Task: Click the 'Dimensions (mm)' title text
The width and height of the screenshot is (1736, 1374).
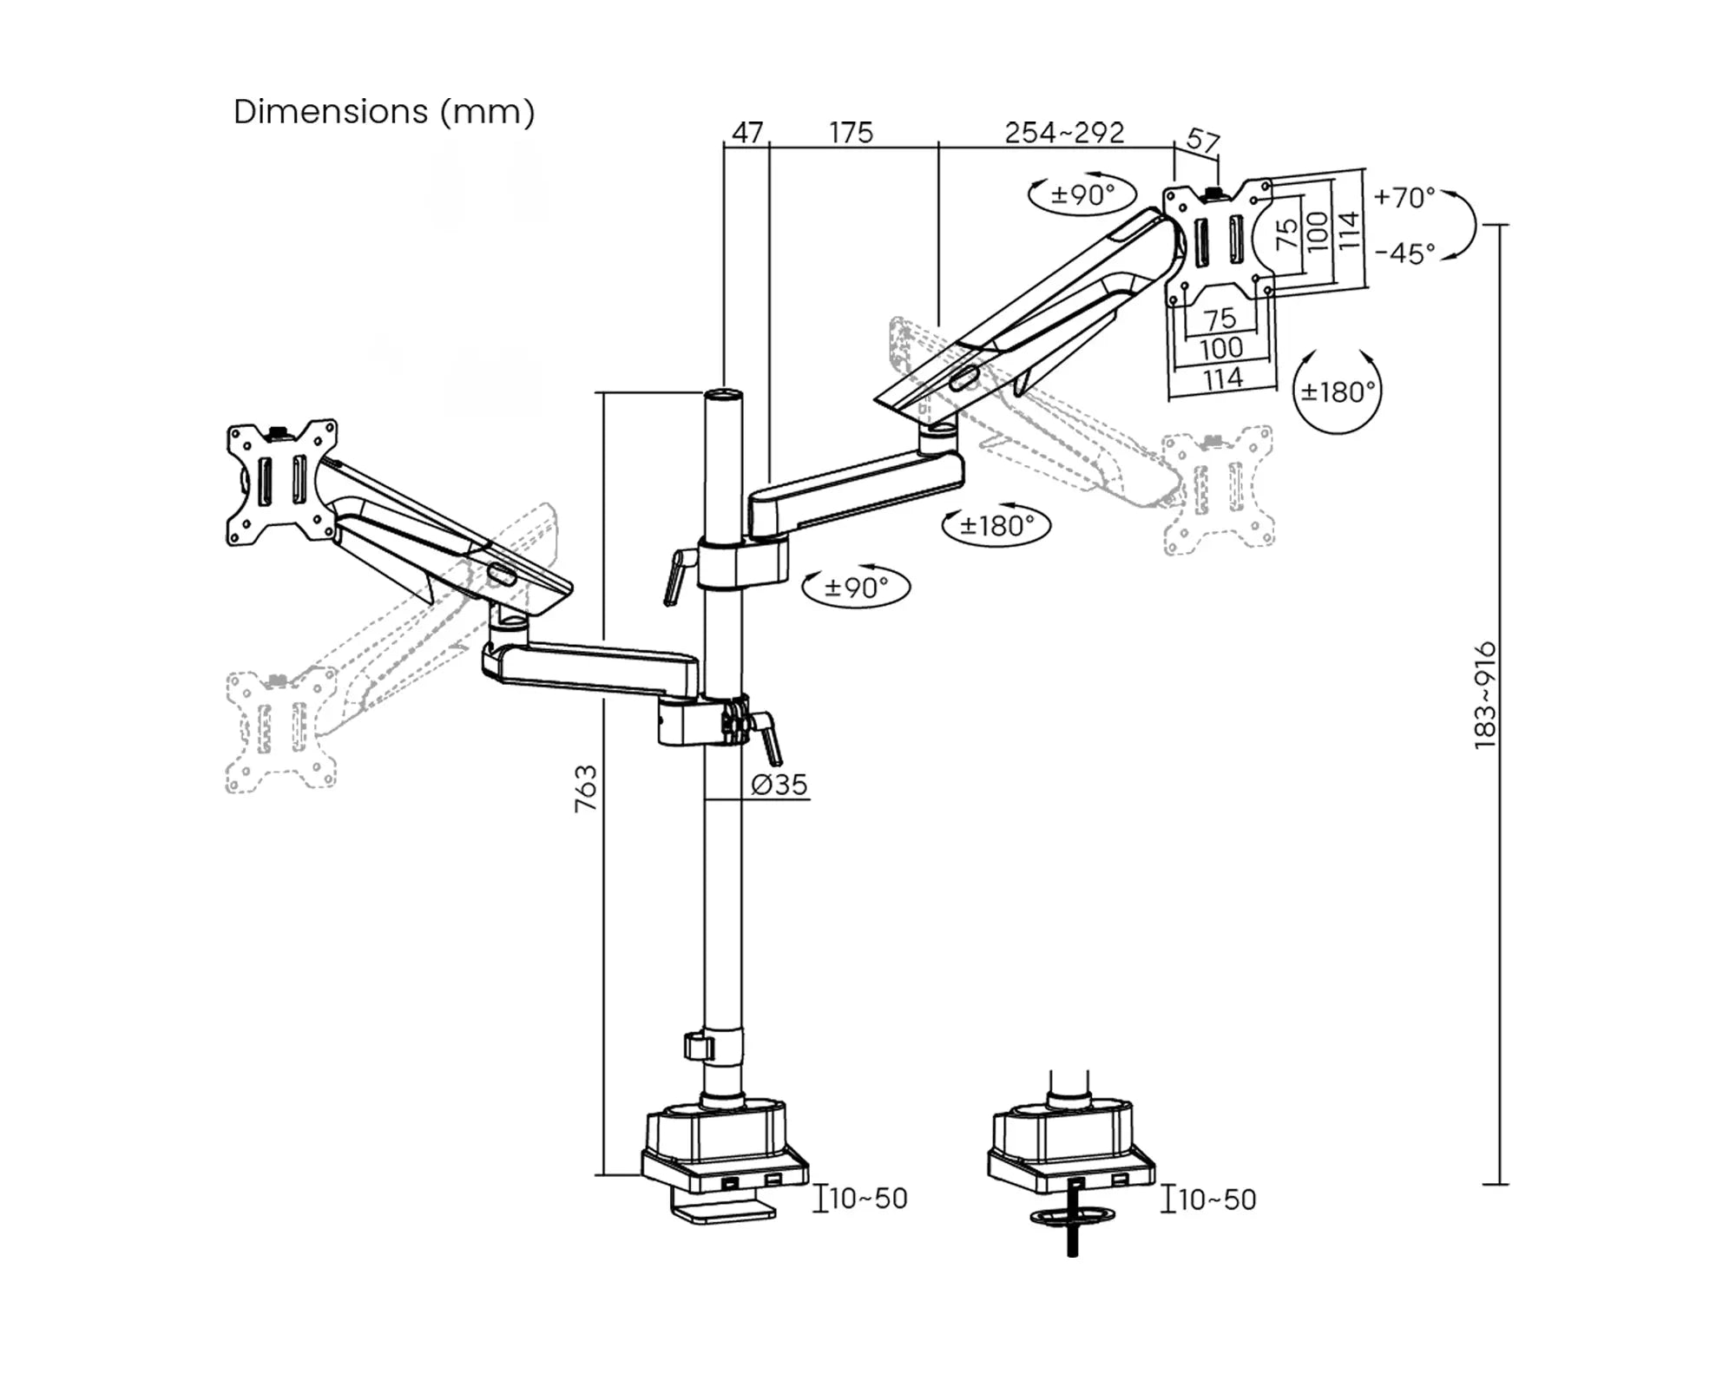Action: pos(384,112)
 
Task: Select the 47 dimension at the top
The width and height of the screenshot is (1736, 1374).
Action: pos(746,133)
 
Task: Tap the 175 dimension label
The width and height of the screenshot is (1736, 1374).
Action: pos(850,133)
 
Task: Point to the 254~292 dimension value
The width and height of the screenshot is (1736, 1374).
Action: pos(1064,133)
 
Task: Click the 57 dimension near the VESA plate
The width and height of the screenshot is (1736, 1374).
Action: pos(1202,141)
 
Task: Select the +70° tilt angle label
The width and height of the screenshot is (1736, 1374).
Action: pos(1404,198)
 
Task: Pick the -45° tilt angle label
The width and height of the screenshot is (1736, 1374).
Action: pos(1404,253)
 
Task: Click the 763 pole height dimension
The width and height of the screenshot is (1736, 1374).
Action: pos(586,788)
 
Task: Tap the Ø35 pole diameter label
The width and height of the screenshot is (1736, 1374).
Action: pos(779,785)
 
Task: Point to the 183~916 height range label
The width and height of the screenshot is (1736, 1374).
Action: pos(1485,695)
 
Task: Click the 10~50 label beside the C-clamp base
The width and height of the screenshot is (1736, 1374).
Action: pos(868,1199)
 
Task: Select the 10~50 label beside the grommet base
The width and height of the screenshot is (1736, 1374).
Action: pos(1217,1200)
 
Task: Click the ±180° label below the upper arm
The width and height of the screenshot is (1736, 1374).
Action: pos(996,526)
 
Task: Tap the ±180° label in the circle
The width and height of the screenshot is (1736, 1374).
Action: pos(1338,392)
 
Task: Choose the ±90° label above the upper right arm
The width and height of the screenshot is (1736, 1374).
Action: pos(1082,194)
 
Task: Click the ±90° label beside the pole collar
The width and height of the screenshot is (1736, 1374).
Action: pos(856,588)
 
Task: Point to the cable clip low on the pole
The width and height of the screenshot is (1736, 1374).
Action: pos(698,1045)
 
